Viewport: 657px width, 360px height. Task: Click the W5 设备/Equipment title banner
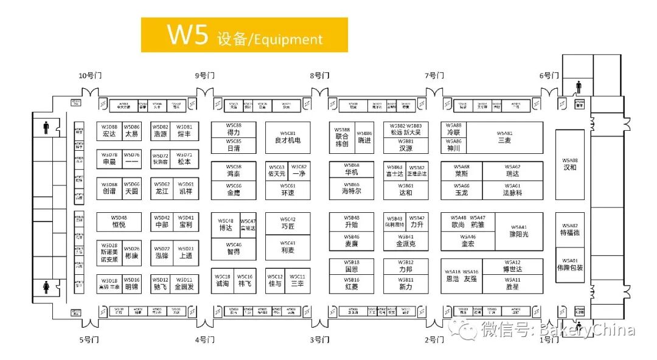click(244, 35)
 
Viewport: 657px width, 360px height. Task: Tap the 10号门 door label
click(90, 76)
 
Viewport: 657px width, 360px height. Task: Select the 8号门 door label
click(319, 76)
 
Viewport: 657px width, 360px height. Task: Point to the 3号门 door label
click(319, 340)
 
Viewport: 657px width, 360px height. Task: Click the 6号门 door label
click(549, 76)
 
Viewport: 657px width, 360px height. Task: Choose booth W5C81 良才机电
click(288, 137)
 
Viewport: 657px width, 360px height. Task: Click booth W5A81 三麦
click(504, 137)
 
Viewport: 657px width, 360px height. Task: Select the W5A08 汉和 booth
click(570, 164)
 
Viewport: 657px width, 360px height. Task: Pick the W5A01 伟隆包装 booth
click(570, 264)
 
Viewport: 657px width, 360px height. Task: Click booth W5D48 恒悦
click(119, 221)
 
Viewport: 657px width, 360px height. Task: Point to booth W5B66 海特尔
click(352, 189)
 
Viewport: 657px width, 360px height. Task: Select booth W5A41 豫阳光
click(518, 231)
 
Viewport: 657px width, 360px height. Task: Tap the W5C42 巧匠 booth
click(288, 223)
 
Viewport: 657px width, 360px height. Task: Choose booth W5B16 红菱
click(352, 283)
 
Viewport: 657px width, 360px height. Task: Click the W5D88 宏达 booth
click(109, 131)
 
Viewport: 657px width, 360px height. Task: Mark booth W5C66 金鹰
click(234, 189)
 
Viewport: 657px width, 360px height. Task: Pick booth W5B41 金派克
click(406, 240)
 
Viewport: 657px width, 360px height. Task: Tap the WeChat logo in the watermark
click(468, 331)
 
